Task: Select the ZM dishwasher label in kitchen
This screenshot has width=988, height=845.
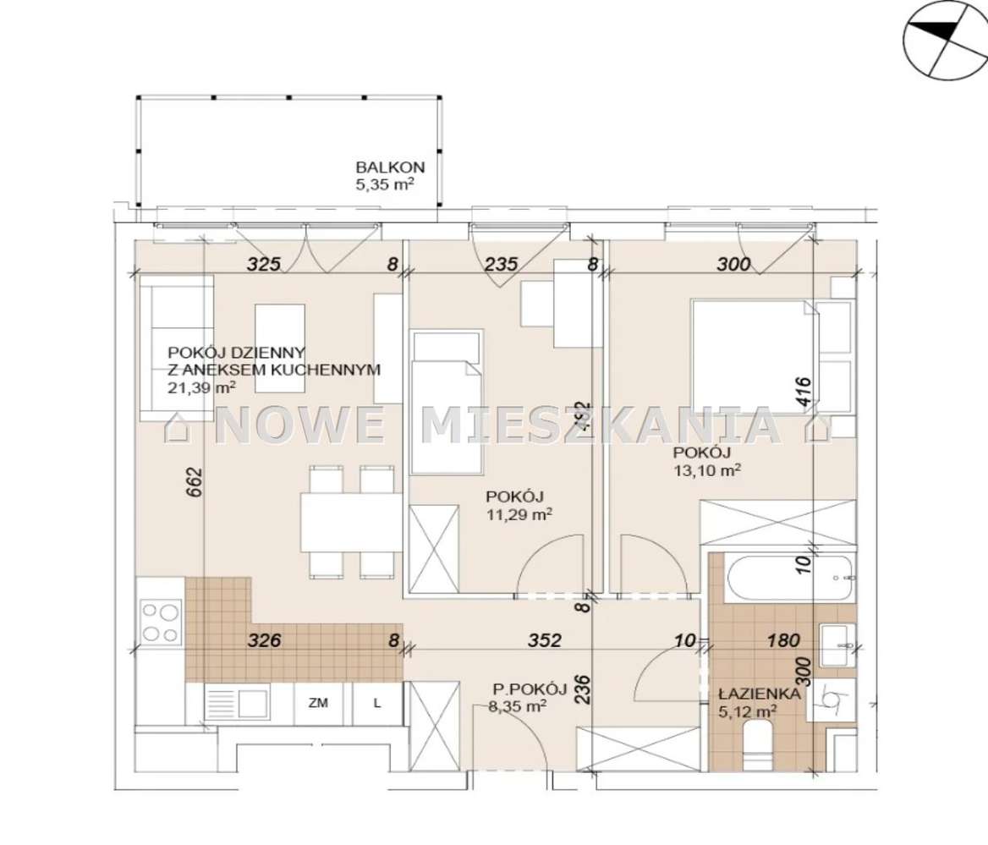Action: coord(319,702)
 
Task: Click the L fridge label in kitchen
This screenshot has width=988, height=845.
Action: coord(376,702)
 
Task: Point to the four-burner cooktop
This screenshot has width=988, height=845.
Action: coord(160,622)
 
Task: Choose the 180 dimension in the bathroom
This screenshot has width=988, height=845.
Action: coord(782,640)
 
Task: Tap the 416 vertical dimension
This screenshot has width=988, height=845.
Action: coord(804,393)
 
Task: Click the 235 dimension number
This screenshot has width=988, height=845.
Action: coord(501,264)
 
